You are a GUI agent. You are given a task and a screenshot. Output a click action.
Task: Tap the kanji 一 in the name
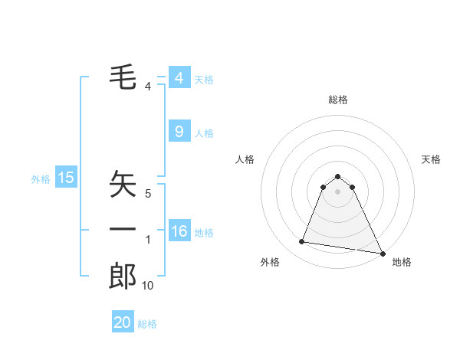(123, 229)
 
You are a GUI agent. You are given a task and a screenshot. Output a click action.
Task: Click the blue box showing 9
(179, 132)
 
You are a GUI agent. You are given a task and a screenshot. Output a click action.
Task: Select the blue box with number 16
(179, 231)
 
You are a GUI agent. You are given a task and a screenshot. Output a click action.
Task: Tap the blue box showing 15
(66, 178)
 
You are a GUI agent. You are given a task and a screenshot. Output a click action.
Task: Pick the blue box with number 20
(123, 322)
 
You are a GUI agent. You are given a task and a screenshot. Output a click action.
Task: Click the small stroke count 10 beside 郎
(148, 286)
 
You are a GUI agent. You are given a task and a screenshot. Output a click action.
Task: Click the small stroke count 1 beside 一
(148, 240)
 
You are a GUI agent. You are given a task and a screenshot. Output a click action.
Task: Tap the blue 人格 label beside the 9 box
(204, 133)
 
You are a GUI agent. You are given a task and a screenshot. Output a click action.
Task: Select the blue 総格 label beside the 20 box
(147, 324)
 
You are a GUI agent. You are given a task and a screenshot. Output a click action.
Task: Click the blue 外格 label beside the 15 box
(41, 179)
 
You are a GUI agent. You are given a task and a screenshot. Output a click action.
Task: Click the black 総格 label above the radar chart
(338, 100)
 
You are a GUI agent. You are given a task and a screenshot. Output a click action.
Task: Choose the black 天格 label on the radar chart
(431, 159)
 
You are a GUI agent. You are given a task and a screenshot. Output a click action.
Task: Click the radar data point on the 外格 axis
(302, 242)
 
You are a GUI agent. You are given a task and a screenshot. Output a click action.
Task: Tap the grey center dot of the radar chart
(338, 191)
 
